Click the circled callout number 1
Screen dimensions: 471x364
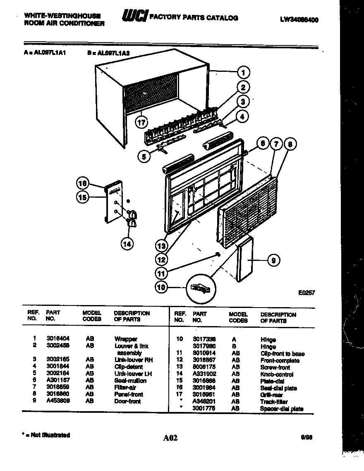pos(244,73)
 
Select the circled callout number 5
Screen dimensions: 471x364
pos(144,156)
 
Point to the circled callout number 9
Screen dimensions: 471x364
pos(273,260)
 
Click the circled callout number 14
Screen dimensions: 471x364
pos(127,244)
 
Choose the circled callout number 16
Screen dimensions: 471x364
pos(83,183)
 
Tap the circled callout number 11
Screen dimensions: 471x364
pos(162,272)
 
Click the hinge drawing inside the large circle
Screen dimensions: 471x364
pos(201,287)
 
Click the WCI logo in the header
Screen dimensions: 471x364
pos(134,17)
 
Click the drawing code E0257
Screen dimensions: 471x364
pos(307,292)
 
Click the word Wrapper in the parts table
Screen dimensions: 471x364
pos(126,339)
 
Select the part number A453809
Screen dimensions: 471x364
pos(58,401)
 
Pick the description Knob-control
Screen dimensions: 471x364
pos(277,374)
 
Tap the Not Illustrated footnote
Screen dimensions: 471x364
pos(45,435)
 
